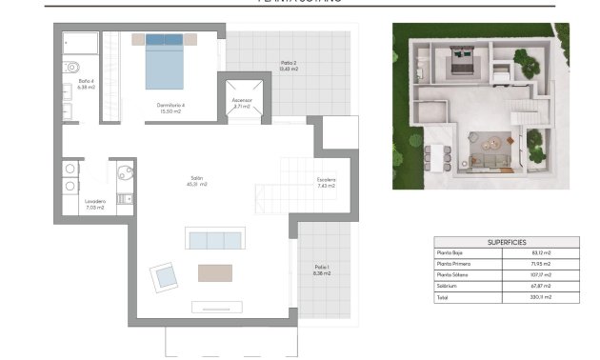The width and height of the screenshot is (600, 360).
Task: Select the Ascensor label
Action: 241,103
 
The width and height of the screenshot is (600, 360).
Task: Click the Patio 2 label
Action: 290,66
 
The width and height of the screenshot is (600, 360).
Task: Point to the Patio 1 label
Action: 322,270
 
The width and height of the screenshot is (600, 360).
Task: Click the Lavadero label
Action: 95,205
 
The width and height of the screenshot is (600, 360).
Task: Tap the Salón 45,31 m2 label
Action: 198,181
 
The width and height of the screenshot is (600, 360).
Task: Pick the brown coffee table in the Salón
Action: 214,272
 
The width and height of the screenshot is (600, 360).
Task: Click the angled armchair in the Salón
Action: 165,278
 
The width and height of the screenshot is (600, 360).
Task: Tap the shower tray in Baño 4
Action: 79,45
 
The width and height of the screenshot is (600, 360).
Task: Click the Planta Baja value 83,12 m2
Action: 539,252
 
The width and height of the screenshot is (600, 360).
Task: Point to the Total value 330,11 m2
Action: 539,297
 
